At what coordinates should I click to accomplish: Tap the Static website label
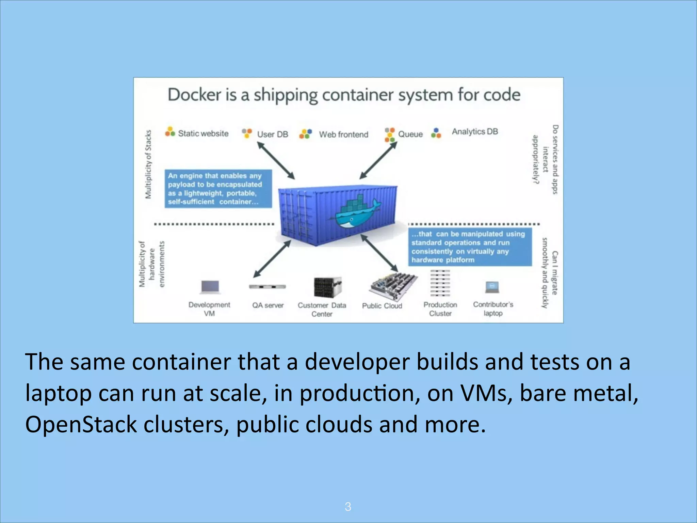tap(203, 133)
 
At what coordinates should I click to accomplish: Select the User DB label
tap(272, 134)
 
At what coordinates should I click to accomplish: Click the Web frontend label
tap(343, 134)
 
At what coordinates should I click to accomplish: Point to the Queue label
tap(410, 134)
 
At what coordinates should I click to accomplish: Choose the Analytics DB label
tap(474, 131)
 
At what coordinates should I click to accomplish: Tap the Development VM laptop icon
tap(210, 287)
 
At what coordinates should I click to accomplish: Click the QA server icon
tap(268, 287)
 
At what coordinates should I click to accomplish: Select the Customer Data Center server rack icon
tap(327, 287)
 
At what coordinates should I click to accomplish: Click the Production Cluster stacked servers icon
tap(440, 283)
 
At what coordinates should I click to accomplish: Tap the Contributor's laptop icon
tap(492, 287)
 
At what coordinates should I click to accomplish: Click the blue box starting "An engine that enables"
tap(218, 189)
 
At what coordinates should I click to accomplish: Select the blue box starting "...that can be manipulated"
tap(470, 247)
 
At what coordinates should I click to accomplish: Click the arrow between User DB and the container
tap(276, 160)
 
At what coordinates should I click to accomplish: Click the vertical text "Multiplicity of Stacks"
tap(148, 164)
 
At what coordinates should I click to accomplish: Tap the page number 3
tap(348, 506)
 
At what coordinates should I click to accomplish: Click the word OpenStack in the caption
tap(81, 425)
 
